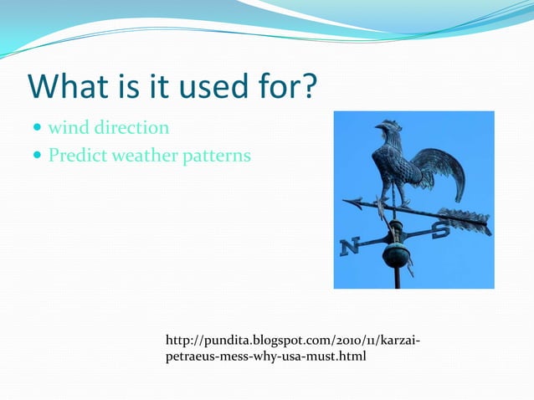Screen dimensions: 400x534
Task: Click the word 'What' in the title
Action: (64, 87)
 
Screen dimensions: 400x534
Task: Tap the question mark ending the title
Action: (309, 87)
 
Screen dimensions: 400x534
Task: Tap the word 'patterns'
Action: (220, 156)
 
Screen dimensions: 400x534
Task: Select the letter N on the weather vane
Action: (350, 246)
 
